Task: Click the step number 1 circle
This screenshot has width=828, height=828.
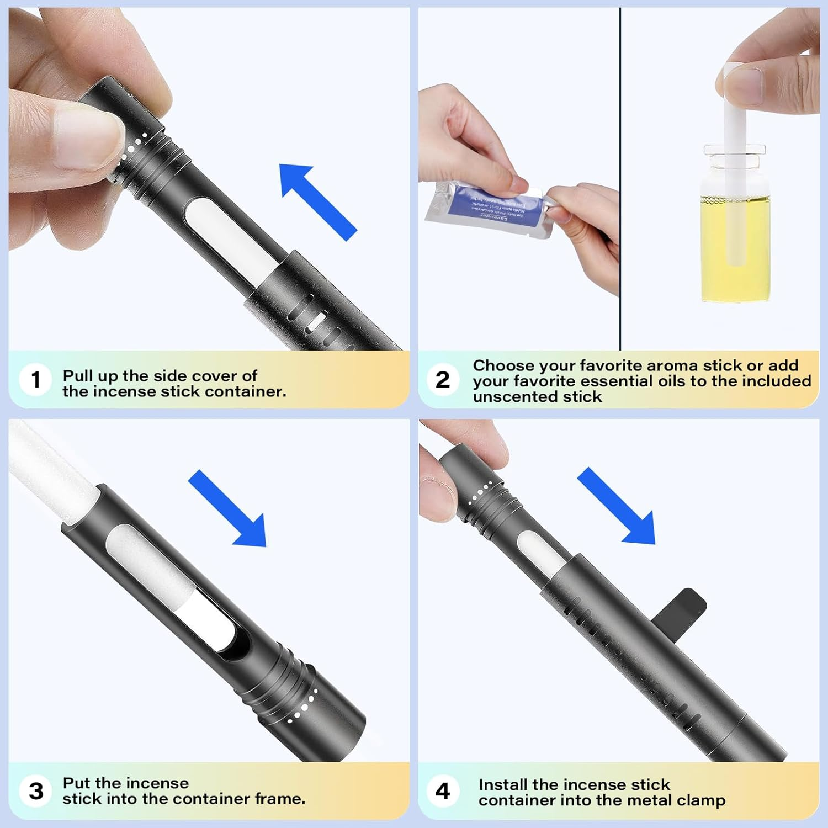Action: pyautogui.click(x=36, y=380)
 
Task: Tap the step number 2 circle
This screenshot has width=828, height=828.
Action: pyautogui.click(x=443, y=380)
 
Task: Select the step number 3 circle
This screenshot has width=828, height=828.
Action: pyautogui.click(x=36, y=791)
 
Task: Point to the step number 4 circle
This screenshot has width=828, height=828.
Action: pyautogui.click(x=443, y=791)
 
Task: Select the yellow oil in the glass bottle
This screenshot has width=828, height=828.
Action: pyautogui.click(x=735, y=248)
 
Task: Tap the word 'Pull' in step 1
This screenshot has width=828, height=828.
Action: pyautogui.click(x=77, y=376)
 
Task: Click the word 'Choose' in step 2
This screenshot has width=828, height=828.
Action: pyautogui.click(x=503, y=365)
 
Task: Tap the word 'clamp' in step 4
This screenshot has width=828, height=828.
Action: pyautogui.click(x=700, y=800)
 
